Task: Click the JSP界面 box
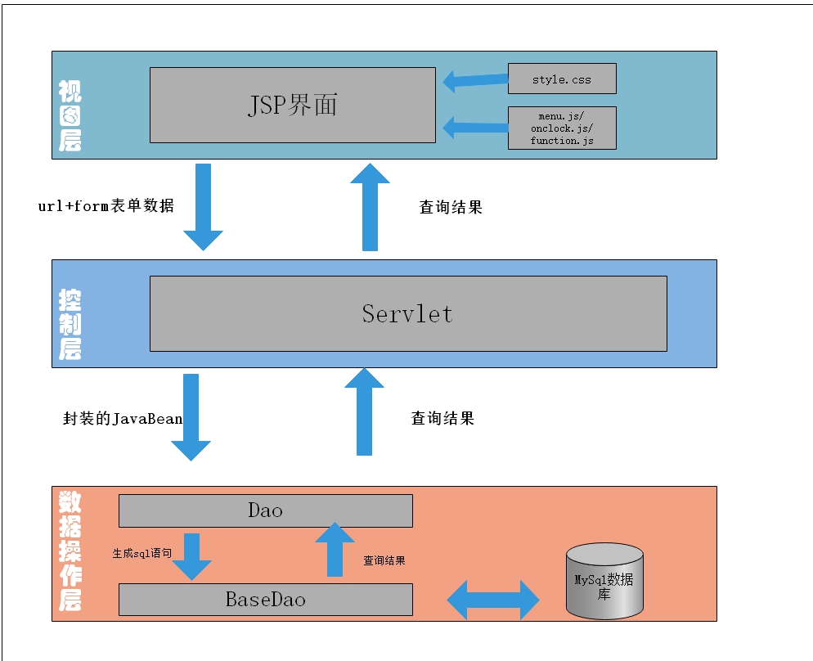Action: tap(292, 105)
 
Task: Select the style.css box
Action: tap(561, 79)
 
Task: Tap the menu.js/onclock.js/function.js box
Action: tap(561, 128)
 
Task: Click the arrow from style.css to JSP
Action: tap(475, 80)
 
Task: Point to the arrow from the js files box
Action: tap(475, 127)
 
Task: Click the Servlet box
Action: tap(407, 313)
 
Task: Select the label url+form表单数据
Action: tap(106, 206)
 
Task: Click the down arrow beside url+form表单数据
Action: tap(203, 207)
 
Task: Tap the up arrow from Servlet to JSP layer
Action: tap(370, 206)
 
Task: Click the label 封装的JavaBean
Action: tap(123, 419)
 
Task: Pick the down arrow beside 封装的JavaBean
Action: tap(191, 417)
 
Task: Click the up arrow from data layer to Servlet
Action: tap(364, 411)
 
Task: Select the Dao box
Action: tap(265, 510)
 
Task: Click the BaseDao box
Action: tap(265, 600)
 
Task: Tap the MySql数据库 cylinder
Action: tap(604, 582)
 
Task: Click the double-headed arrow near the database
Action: tap(493, 600)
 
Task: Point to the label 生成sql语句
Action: tap(141, 553)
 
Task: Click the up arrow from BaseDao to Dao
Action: tap(335, 550)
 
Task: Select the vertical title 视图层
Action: tap(70, 115)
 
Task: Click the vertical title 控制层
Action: tap(70, 325)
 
